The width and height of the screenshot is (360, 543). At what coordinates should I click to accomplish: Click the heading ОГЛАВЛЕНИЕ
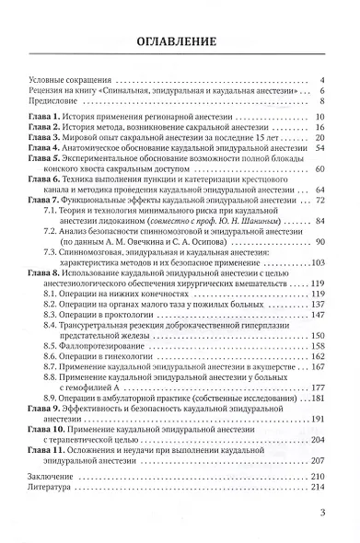coord(180,41)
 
